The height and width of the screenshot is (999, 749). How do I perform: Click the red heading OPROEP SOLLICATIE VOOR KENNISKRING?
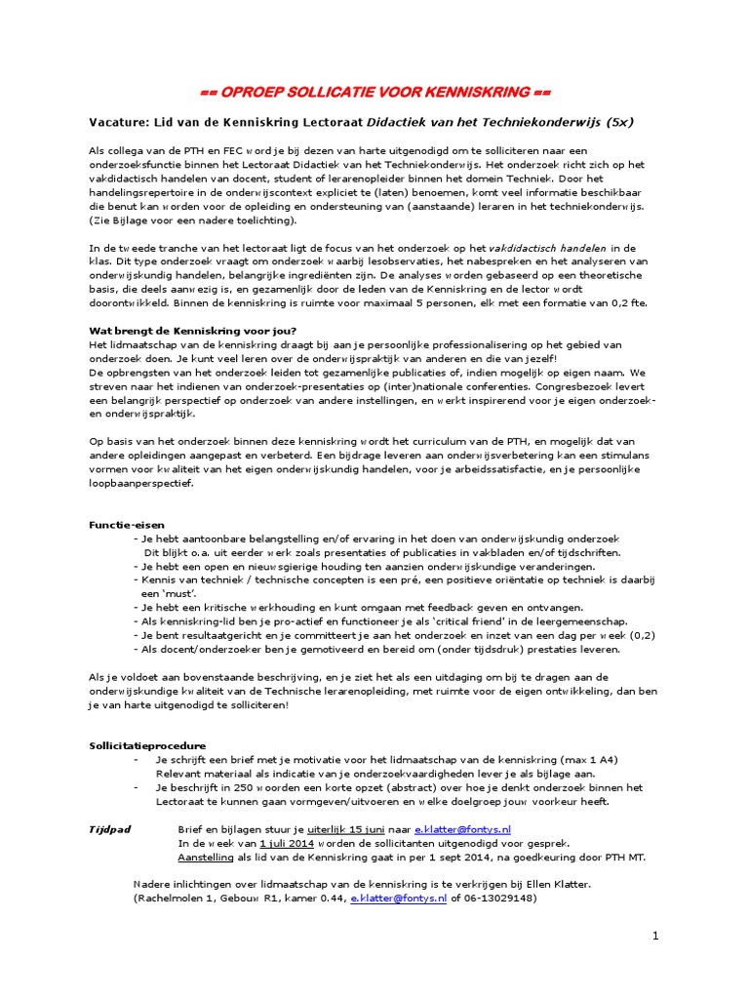point(375,93)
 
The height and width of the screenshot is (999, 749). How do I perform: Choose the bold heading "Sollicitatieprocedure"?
point(147,745)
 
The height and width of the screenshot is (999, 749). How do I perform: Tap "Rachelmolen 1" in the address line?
point(173,898)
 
